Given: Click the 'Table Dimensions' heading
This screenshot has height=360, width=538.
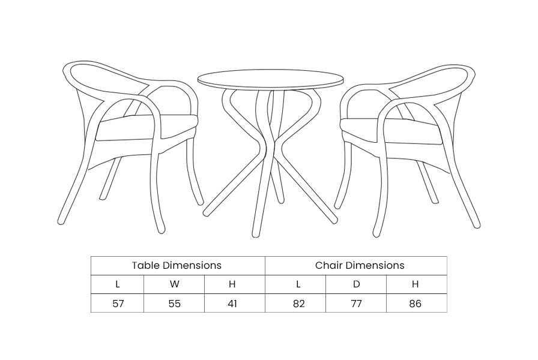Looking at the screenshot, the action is [x=177, y=265].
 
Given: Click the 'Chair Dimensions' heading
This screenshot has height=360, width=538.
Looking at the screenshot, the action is [x=360, y=265].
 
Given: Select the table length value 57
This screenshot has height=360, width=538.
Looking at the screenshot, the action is [x=118, y=304].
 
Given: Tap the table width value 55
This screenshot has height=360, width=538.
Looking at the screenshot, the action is [x=174, y=304].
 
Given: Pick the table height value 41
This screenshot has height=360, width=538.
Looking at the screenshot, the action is [x=232, y=304].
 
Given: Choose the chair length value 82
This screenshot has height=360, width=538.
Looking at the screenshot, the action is [x=299, y=304].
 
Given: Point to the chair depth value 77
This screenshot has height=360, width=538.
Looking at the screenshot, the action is [x=356, y=304].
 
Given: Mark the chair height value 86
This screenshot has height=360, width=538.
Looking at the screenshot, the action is [x=415, y=304].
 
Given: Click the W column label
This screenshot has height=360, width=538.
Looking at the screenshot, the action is [x=174, y=284].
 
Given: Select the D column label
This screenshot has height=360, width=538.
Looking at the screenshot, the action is [x=357, y=284].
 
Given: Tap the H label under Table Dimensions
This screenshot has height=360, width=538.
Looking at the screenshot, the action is [x=232, y=284].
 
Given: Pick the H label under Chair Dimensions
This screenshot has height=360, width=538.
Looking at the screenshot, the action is [x=415, y=284].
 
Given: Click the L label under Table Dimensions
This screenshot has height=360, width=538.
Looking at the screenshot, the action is [x=118, y=284].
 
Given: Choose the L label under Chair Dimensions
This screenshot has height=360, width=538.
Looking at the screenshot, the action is [x=298, y=284].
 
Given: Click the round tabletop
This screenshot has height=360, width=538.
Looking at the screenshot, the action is [x=270, y=79].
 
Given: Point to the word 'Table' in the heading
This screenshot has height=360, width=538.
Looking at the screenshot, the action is [x=146, y=265].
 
